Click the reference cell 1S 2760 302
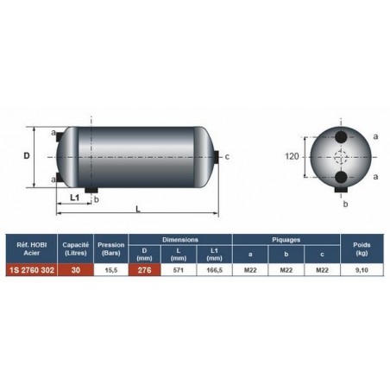coord(32,270)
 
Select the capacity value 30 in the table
coord(76,270)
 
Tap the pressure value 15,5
coord(111,270)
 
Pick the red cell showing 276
coord(144,270)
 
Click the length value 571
coord(179,270)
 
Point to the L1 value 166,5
coord(214,270)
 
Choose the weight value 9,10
coord(362,270)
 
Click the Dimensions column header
coord(180,240)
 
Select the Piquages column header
coord(286,240)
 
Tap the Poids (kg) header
coord(362,248)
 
